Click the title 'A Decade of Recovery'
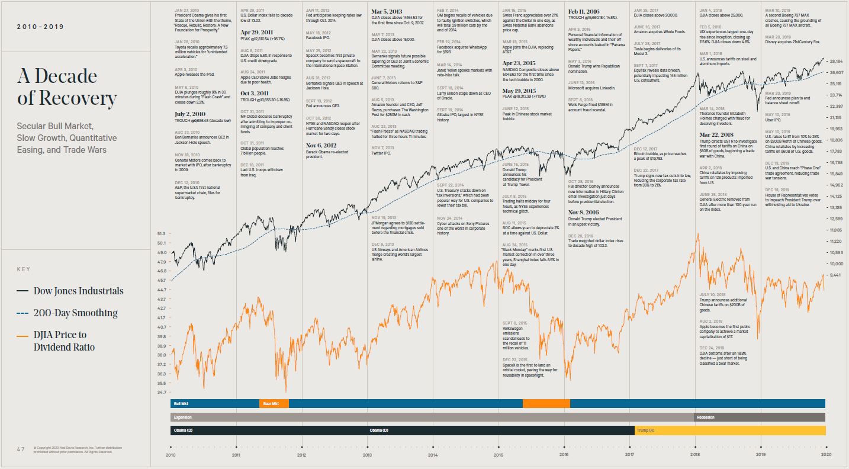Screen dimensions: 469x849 click(66, 87)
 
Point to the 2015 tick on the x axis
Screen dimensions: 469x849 click(498, 455)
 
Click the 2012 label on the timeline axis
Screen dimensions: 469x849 click(301, 455)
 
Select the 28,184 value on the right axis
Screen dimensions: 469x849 click(836, 62)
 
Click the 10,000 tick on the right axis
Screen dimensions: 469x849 click(836, 264)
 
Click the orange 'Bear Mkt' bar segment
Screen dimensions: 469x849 click(274, 403)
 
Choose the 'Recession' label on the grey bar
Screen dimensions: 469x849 click(706, 417)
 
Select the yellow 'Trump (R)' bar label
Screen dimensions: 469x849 click(645, 431)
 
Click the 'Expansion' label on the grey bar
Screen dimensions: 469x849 click(183, 417)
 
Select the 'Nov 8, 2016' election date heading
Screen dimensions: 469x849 click(584, 212)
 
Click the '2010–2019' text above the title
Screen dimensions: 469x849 click(40, 27)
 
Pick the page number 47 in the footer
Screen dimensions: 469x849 click(21, 449)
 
